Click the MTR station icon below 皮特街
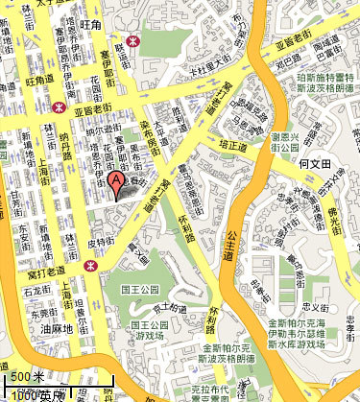point(91,268)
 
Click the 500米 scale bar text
point(27,375)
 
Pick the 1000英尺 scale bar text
point(38,394)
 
